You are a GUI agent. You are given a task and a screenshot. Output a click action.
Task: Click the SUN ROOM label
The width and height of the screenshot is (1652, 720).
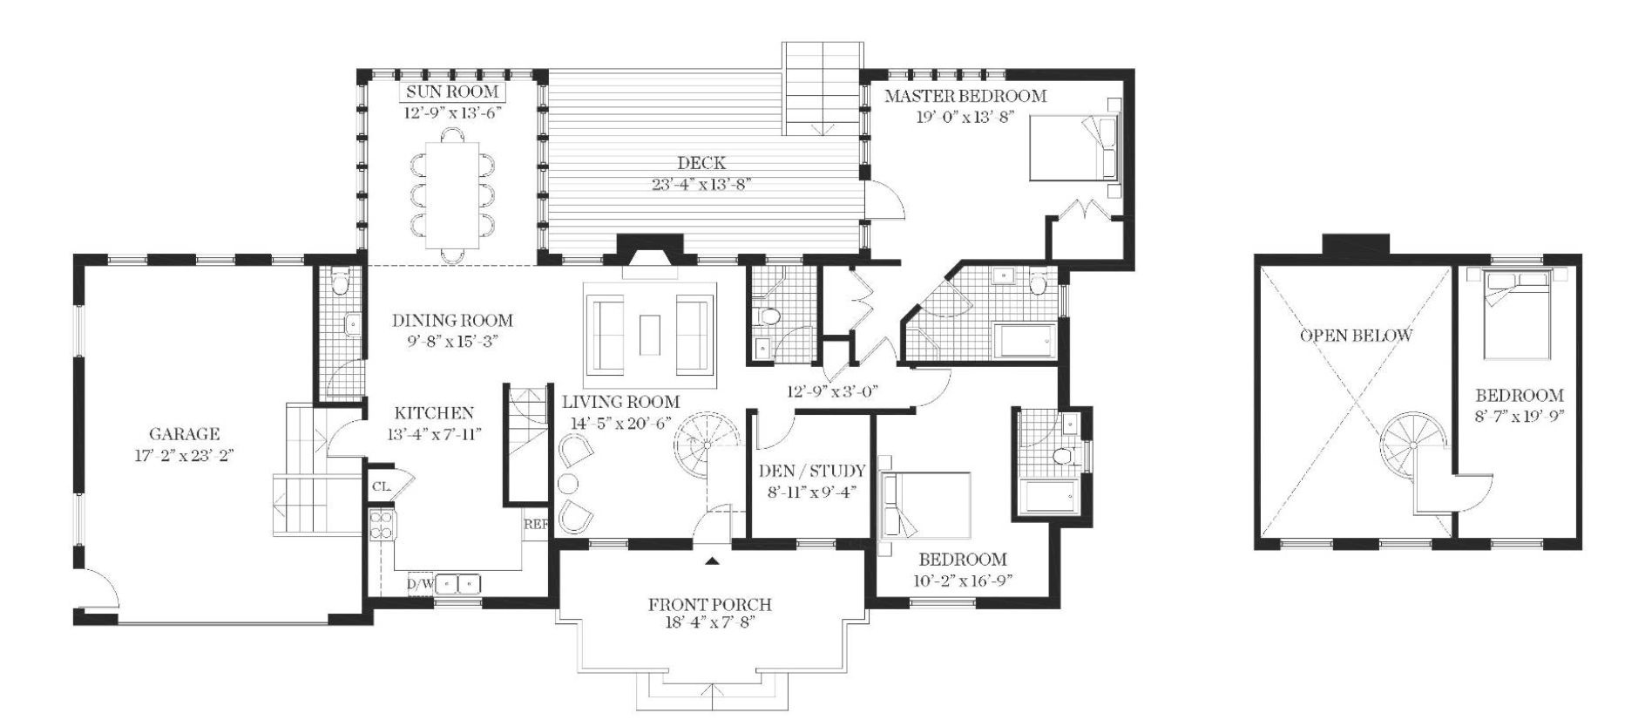coord(450,92)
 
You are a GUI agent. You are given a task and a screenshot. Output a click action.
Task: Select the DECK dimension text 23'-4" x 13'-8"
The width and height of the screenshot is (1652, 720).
coord(701,184)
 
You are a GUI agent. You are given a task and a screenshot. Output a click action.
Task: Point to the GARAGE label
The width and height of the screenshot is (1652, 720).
coord(184,434)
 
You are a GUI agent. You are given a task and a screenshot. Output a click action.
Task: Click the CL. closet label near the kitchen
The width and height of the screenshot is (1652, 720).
coord(381,486)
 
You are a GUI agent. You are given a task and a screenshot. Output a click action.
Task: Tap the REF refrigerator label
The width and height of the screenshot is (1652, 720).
coord(535,525)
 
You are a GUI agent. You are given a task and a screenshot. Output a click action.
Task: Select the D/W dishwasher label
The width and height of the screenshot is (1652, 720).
coord(420,583)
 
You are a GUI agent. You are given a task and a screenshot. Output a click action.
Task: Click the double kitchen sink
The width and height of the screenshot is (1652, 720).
coord(458,582)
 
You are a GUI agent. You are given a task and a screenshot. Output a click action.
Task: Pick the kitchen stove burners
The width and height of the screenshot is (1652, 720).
coord(382,525)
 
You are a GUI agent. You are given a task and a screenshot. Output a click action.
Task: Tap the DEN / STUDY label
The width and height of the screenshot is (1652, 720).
coord(811,472)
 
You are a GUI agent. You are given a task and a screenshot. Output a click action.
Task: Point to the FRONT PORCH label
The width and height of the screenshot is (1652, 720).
coord(709,605)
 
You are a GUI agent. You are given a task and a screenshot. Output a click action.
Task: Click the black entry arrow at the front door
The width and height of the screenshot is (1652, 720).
coord(714,561)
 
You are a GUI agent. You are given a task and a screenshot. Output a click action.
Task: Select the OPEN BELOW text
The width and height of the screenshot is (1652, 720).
coord(1356,336)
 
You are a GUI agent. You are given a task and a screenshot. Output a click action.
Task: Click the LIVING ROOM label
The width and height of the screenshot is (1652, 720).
coord(620,402)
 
